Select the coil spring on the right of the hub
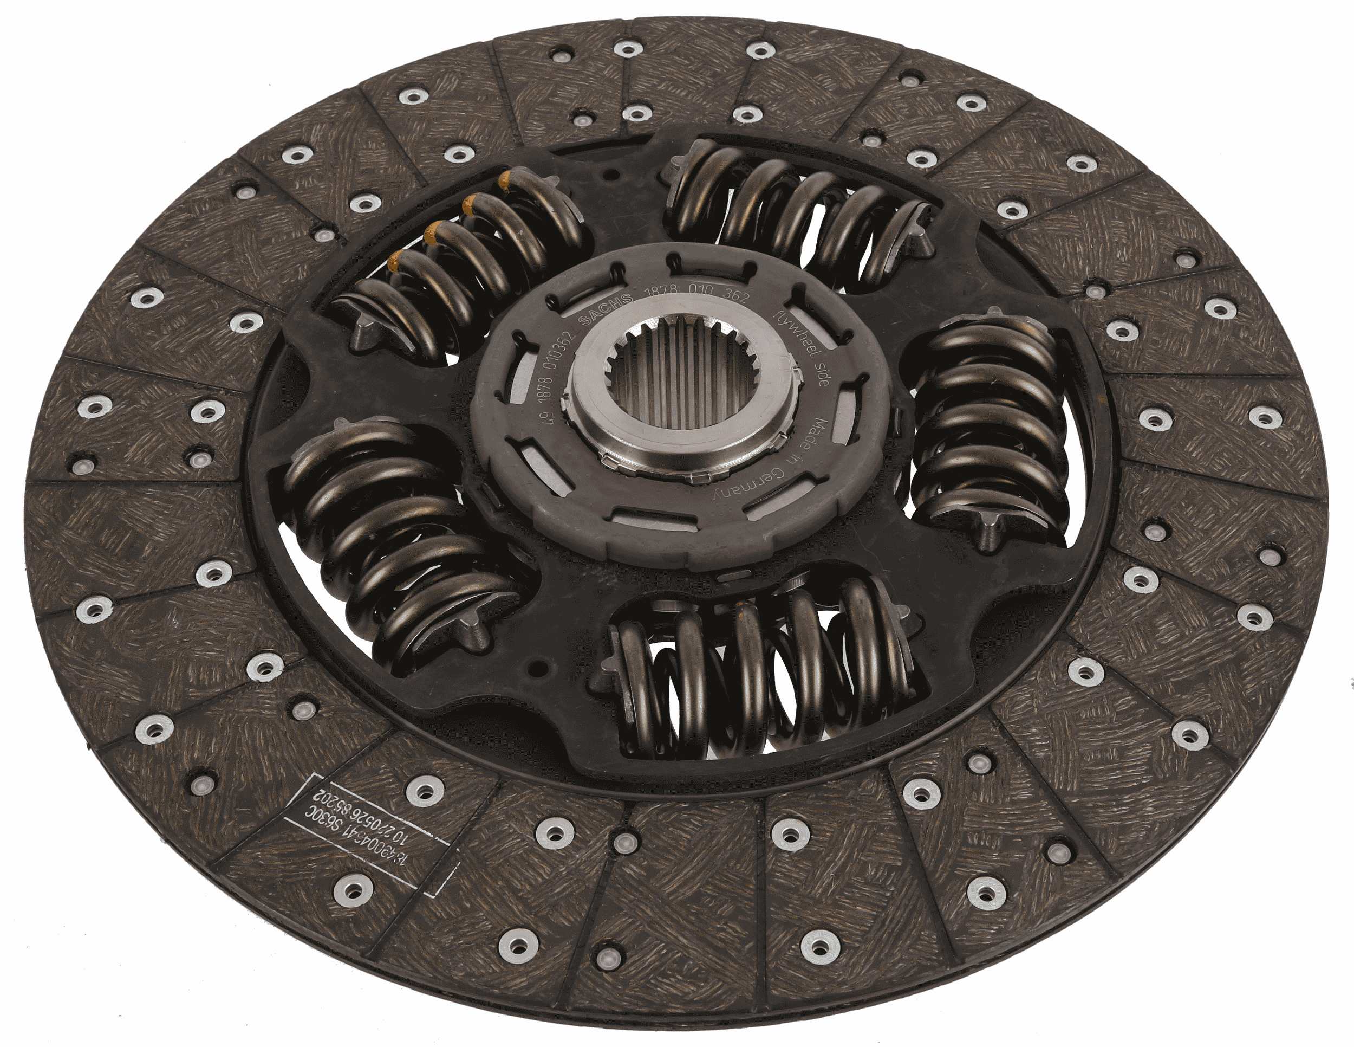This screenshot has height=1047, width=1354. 986,428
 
